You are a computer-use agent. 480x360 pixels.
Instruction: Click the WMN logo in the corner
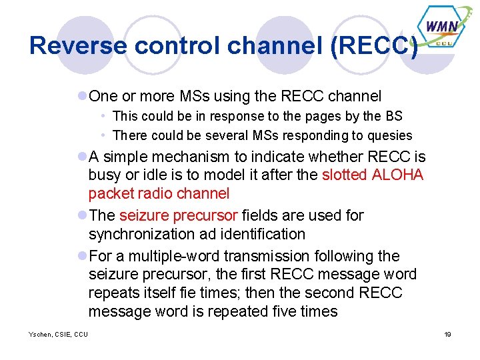(441, 27)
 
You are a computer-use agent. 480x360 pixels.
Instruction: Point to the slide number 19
(448, 334)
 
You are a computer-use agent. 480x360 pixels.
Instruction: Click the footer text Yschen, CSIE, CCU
(58, 334)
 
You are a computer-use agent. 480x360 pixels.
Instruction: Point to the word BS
(393, 116)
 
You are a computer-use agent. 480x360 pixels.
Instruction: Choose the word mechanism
(189, 157)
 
